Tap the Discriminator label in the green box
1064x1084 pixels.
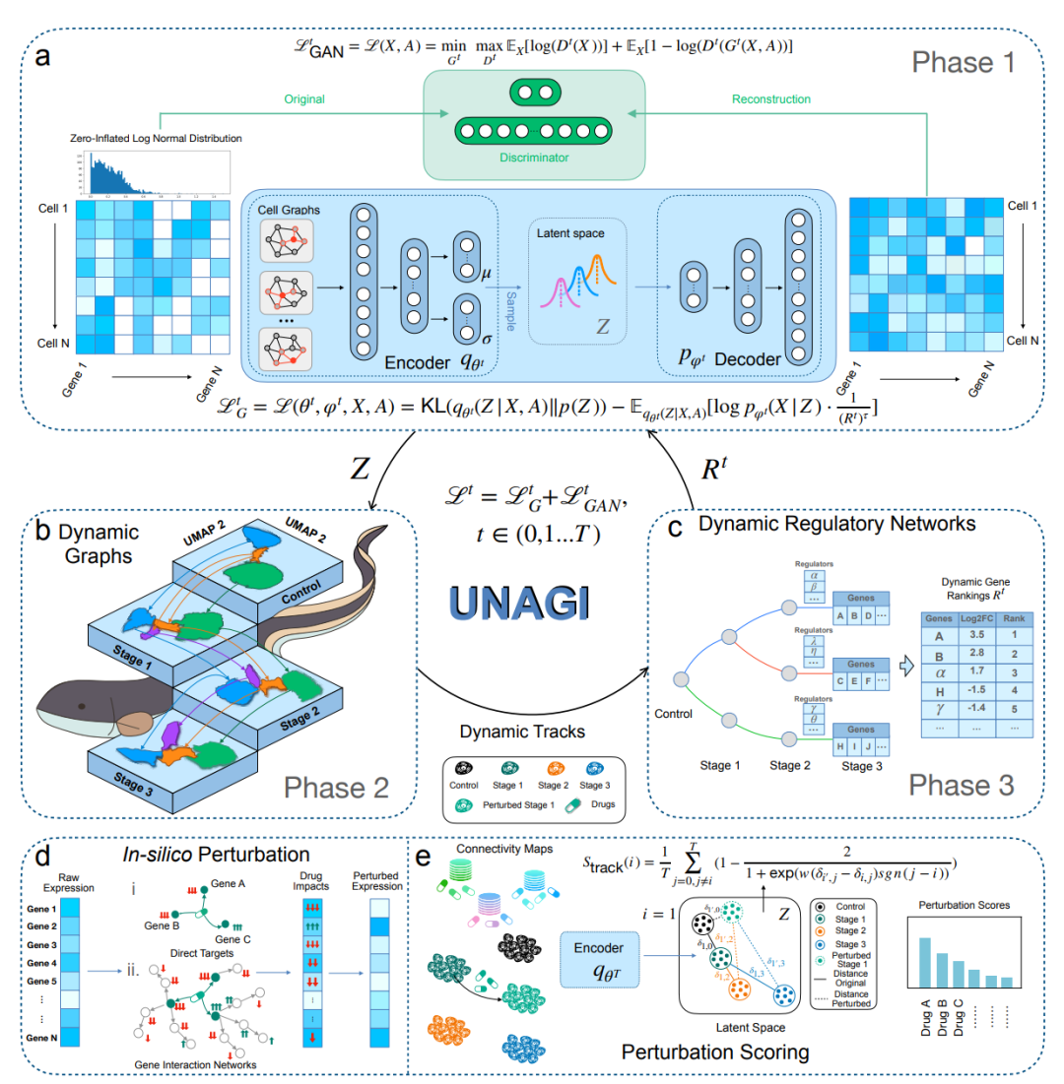click(x=533, y=156)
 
